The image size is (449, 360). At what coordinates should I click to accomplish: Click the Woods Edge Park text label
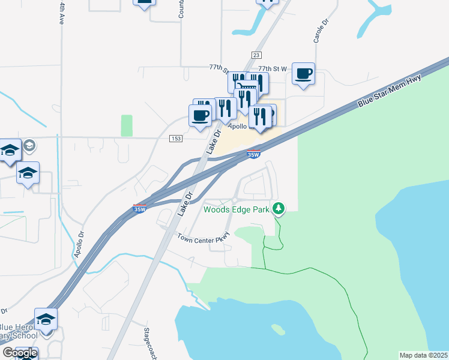pyautogui.click(x=237, y=209)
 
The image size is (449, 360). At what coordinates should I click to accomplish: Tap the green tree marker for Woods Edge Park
pyautogui.click(x=278, y=209)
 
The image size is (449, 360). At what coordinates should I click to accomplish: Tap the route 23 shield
pyautogui.click(x=256, y=55)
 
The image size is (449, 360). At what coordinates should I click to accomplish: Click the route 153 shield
pyautogui.click(x=175, y=138)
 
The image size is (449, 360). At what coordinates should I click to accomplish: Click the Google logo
pyautogui.click(x=20, y=353)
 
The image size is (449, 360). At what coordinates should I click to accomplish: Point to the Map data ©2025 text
pyautogui.click(x=423, y=355)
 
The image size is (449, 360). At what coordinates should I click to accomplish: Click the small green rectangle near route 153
pyautogui.click(x=126, y=125)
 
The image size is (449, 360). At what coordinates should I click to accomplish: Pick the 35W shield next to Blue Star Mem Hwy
pyautogui.click(x=253, y=155)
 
